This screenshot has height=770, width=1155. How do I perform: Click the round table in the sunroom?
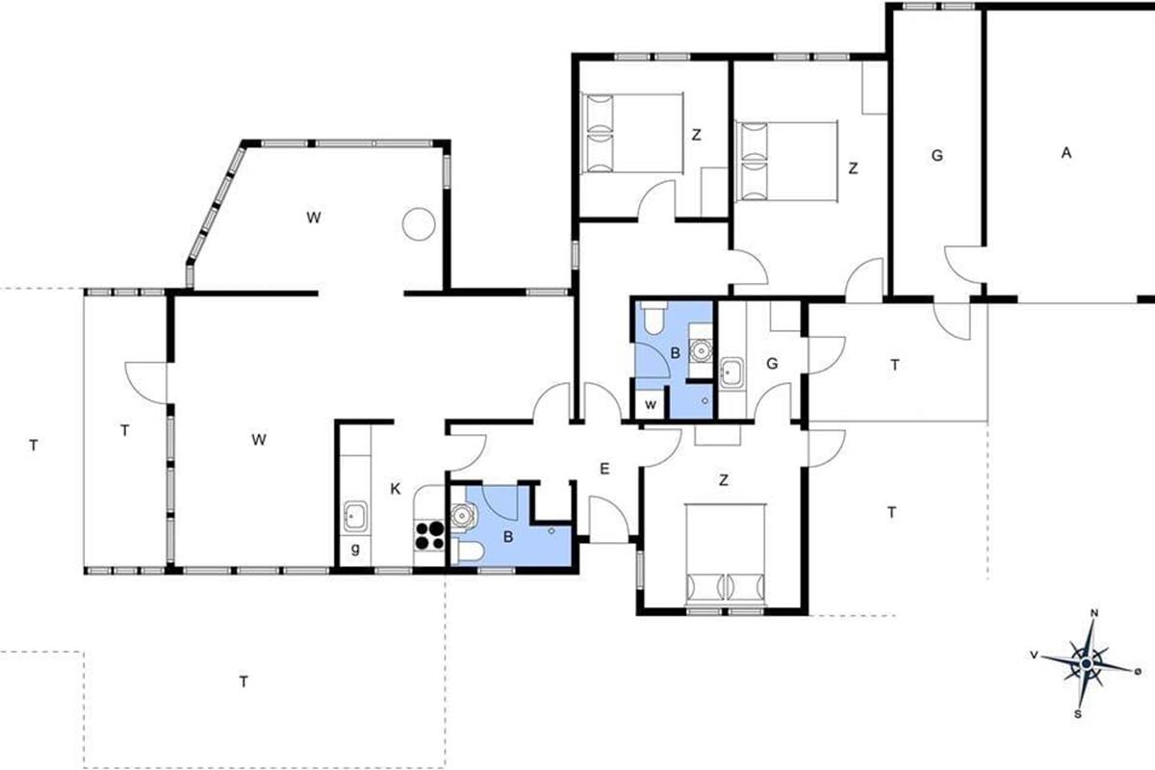coord(419,224)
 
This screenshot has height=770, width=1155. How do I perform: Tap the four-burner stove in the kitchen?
coord(429,535)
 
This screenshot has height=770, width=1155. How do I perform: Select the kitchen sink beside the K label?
coord(355,515)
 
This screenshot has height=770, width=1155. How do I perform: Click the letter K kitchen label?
coord(396,489)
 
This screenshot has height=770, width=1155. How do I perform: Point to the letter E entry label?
coord(604,469)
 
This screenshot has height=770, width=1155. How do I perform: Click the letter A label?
coord(1066,153)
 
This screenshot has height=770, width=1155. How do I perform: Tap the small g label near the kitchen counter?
coord(355,550)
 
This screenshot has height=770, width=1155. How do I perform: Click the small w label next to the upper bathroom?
coord(651,405)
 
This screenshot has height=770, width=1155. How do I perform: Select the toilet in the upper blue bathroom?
coord(654,318)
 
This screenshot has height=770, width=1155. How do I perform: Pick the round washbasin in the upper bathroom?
coord(701,350)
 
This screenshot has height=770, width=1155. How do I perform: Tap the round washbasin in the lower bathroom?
coord(461,515)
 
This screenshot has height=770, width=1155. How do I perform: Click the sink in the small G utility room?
coord(731,372)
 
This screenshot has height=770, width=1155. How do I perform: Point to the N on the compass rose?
coord(1094,613)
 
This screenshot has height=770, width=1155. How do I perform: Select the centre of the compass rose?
coord(1087,663)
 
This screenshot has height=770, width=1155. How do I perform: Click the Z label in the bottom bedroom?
coord(724,480)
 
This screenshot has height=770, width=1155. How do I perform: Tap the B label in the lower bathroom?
coord(508,537)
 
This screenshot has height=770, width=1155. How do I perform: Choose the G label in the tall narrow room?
coord(937,155)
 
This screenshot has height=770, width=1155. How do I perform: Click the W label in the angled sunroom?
coord(314,218)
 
